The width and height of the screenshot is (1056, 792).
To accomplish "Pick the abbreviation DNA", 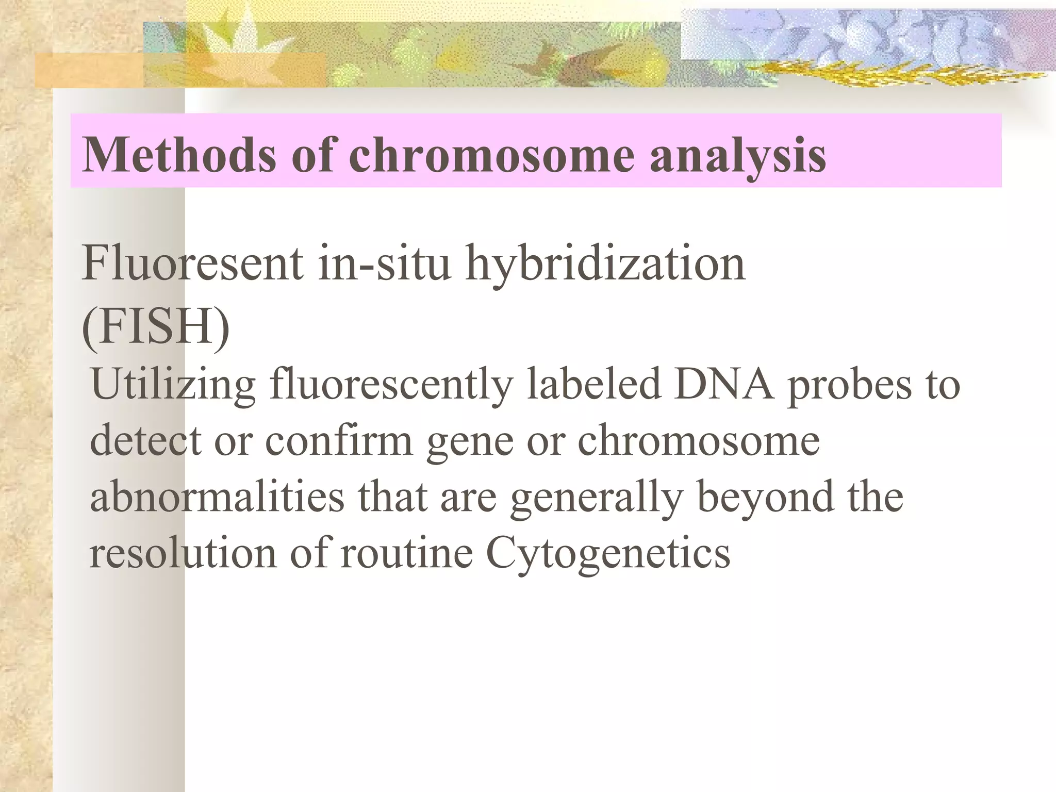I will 724,384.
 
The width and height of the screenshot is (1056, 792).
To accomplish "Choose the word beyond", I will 765,498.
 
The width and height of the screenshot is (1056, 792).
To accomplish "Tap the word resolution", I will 183,553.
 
